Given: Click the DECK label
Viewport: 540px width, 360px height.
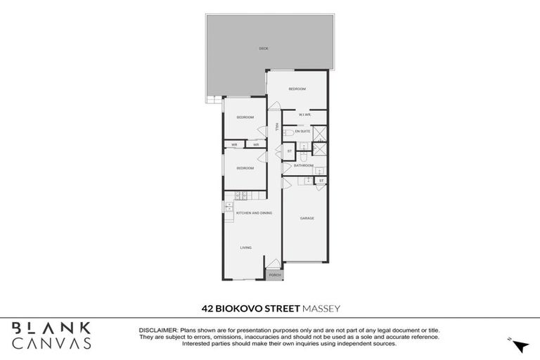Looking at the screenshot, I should click(264, 48).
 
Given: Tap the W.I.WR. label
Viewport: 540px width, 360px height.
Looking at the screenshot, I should click(304, 115).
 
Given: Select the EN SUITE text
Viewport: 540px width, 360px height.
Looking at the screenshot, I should click(302, 131).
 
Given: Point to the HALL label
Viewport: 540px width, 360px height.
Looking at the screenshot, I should click(276, 127).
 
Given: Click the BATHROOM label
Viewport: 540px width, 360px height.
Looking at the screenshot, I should click(303, 165).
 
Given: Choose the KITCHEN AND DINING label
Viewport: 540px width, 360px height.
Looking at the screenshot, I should click(254, 212).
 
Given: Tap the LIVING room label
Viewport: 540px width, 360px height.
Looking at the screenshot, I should click(246, 247).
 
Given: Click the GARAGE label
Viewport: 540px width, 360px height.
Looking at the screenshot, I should click(307, 218).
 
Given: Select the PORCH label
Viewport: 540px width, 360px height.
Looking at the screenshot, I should click(274, 275).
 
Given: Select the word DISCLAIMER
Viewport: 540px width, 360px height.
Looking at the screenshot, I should click(158, 330).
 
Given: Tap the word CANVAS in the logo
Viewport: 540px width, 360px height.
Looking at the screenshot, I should click(51, 343).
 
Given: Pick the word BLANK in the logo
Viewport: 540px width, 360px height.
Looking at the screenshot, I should click(51, 328).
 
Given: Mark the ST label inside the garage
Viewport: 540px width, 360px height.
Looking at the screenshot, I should click(321, 181).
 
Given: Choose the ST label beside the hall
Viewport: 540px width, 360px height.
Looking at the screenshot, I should click(289, 151).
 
